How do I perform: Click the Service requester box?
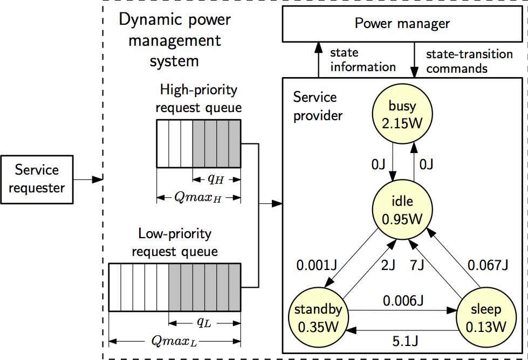pyautogui.click(x=37, y=179)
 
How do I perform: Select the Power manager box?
pyautogui.click(x=402, y=24)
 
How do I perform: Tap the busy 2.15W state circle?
pyautogui.click(x=403, y=115)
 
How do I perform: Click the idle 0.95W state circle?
pyautogui.click(x=402, y=210)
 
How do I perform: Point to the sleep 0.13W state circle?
pyautogui.click(x=486, y=318)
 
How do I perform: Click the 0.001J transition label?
pyautogui.click(x=317, y=265)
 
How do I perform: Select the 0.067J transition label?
pyautogui.click(x=488, y=265)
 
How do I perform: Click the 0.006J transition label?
pyautogui.click(x=402, y=300)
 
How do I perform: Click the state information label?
pyautogui.click(x=362, y=60)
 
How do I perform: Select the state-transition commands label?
pyautogui.click(x=469, y=61)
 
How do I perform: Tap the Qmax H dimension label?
pyautogui.click(x=198, y=197)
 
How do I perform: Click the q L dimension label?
pyautogui.click(x=203, y=322)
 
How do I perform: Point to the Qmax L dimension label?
pyautogui.click(x=174, y=341)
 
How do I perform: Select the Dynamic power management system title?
pyautogui.click(x=174, y=40)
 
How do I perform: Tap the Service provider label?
pyautogui.click(x=318, y=106)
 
